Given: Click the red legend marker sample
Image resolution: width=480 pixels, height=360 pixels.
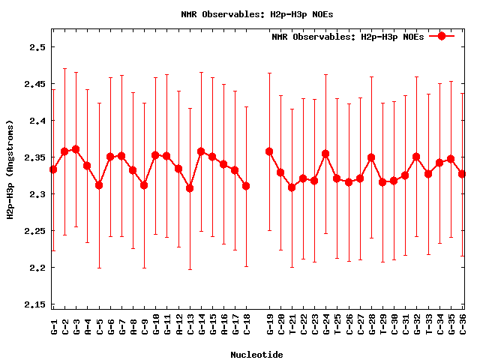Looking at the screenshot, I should [442, 36].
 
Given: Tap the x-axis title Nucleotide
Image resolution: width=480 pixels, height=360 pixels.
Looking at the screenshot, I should [256, 354].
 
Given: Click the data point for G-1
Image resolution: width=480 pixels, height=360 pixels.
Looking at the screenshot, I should [53, 169].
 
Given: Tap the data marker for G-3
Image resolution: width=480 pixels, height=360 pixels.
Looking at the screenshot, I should [76, 149].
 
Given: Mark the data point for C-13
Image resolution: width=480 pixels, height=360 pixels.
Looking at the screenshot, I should [190, 187].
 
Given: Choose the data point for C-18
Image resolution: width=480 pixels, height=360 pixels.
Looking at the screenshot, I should [247, 185].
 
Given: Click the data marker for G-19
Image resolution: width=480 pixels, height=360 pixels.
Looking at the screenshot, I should [269, 151].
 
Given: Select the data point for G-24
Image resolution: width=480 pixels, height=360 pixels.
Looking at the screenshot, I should [325, 154].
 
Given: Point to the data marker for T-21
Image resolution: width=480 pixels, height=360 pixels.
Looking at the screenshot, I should [292, 187].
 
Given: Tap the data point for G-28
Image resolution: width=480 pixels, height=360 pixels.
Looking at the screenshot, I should [371, 157].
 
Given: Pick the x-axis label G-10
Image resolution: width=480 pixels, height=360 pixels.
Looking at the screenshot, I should [156, 325].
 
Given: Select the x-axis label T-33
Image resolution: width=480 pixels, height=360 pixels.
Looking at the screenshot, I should [428, 325].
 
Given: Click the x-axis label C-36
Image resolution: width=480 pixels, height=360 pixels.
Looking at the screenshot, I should [463, 325].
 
